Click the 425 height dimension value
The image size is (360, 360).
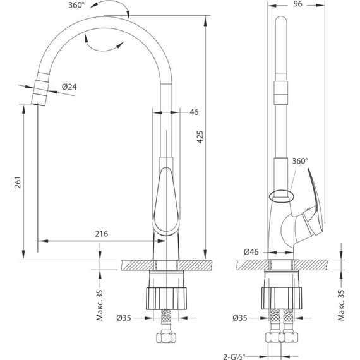(200, 137)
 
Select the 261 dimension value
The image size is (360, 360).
(18, 183)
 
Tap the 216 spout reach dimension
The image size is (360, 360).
(102, 234)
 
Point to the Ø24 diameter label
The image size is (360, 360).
(69, 87)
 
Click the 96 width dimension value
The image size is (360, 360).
(297, 4)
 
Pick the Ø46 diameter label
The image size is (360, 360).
(251, 252)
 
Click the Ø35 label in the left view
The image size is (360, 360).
(124, 318)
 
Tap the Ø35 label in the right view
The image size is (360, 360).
(240, 318)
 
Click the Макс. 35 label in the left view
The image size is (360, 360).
(100, 305)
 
